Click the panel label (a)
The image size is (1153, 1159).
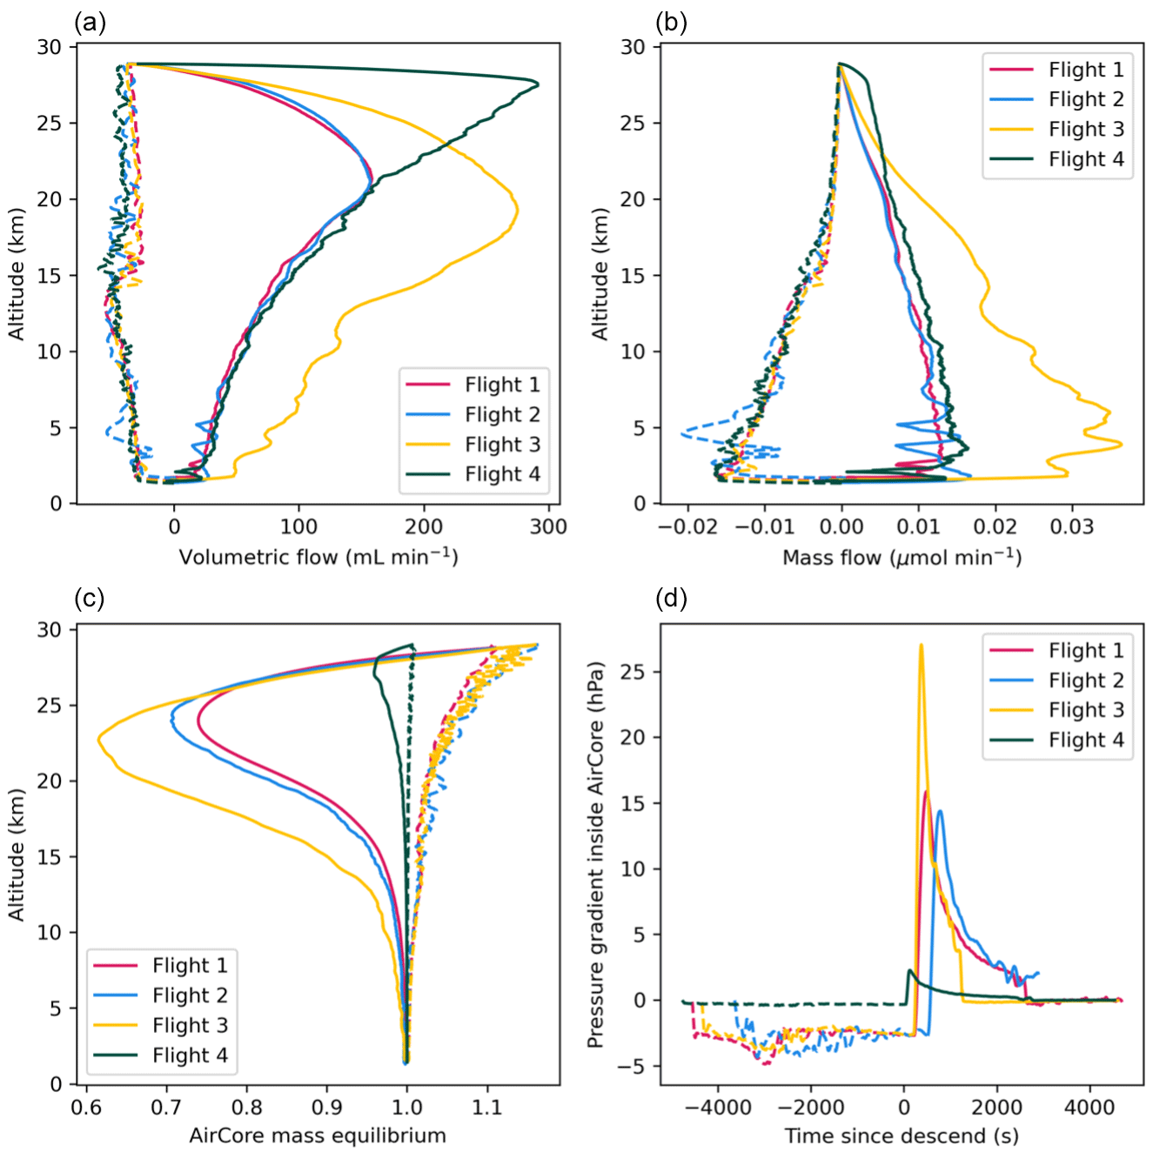[90, 22]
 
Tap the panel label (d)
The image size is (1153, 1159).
[671, 599]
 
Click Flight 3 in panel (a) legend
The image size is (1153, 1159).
[502, 445]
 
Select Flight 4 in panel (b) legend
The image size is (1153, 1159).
[1086, 159]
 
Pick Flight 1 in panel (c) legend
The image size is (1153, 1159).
[190, 965]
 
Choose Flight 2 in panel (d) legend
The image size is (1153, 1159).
[1086, 680]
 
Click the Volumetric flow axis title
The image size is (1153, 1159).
[318, 557]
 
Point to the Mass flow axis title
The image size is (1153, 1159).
[902, 557]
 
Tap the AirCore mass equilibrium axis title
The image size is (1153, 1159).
[318, 1136]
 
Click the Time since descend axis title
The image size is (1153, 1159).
[902, 1136]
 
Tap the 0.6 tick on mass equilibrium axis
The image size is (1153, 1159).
[85, 1107]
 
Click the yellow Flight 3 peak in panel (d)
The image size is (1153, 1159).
[921, 645]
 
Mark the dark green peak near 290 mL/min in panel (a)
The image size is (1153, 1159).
[538, 84]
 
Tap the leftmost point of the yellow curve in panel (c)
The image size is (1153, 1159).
[98, 739]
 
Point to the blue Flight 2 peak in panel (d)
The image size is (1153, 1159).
[939, 812]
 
